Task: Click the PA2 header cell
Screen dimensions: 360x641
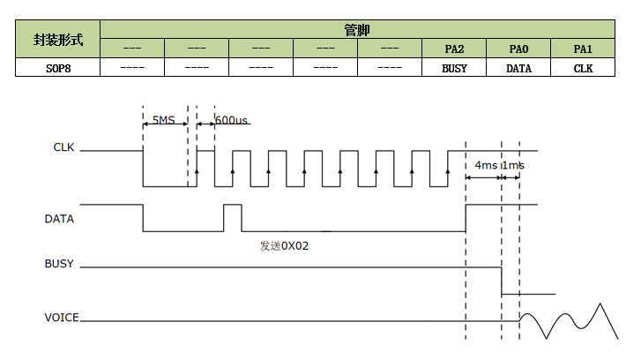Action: click(454, 49)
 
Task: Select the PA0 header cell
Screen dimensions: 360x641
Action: click(518, 49)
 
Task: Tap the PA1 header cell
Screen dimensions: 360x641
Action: click(583, 49)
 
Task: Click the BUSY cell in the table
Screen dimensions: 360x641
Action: click(454, 67)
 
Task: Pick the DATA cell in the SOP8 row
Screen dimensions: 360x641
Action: click(518, 67)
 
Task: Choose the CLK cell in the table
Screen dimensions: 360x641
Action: click(583, 67)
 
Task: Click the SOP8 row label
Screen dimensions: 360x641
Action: click(57, 67)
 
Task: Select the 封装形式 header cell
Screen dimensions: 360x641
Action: click(57, 40)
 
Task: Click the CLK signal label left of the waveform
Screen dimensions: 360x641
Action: click(64, 147)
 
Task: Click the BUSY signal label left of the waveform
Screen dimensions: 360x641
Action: click(59, 264)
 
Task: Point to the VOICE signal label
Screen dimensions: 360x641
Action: click(62, 317)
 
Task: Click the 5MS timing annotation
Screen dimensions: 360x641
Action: click(164, 119)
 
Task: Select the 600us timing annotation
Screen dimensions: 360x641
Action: click(231, 119)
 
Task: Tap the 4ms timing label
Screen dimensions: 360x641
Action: click(485, 165)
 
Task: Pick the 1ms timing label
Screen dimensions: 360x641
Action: click(513, 165)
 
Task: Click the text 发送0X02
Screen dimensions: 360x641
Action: click(284, 246)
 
